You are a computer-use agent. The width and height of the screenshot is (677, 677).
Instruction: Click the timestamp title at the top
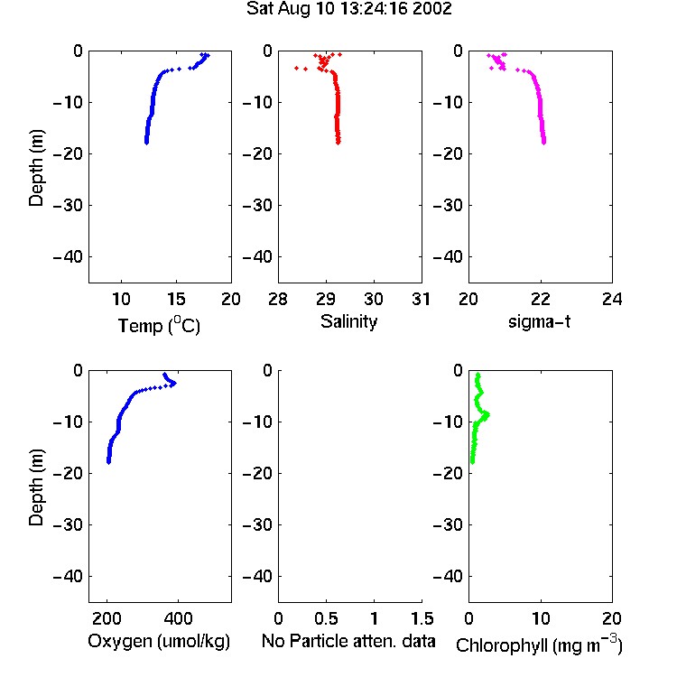tap(348, 9)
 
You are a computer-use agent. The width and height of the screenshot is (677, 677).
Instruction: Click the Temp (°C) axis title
tap(159, 325)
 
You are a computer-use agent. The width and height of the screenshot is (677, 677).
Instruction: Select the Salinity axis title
tap(348, 321)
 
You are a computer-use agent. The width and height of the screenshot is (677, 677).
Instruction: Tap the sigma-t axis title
tap(539, 321)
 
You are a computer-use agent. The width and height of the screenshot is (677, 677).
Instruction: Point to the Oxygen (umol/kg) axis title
tap(159, 641)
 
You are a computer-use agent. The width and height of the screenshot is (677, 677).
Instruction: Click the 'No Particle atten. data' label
tap(348, 641)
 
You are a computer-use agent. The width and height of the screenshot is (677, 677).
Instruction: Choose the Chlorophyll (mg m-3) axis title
tap(539, 645)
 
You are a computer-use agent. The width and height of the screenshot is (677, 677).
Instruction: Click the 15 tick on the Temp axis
tap(176, 299)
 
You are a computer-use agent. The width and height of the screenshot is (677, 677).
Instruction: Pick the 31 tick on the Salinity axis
tap(421, 299)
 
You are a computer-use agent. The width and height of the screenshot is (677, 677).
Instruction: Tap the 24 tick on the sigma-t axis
tap(612, 299)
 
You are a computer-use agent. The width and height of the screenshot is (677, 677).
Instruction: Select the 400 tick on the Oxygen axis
tap(179, 618)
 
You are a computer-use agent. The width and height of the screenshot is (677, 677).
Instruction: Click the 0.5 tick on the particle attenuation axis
tap(327, 618)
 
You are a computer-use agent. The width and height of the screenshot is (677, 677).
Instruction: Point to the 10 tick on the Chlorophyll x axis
tap(541, 618)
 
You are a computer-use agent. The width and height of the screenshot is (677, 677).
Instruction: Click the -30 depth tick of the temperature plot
tap(68, 205)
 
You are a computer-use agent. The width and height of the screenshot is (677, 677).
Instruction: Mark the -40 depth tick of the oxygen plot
tap(68, 576)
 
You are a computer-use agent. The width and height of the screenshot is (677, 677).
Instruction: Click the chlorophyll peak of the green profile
tap(487, 415)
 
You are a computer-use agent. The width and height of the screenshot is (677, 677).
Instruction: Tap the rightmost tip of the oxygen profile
tap(174, 383)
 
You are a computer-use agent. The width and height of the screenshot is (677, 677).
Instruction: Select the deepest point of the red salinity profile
tap(338, 143)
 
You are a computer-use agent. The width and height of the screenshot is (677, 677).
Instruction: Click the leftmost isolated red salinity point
tap(296, 69)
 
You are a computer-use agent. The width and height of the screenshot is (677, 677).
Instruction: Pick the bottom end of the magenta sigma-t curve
tap(544, 143)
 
